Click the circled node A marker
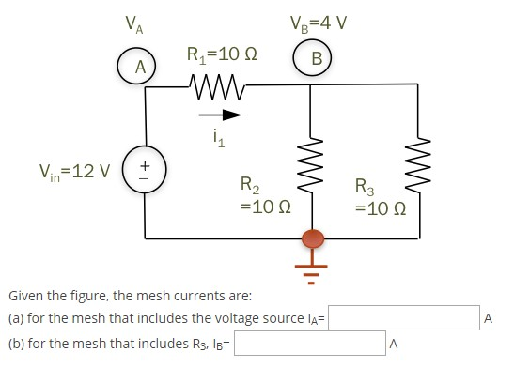coord(139,67)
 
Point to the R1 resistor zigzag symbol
coord(217,86)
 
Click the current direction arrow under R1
coord(219,115)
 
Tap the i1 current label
coord(219,141)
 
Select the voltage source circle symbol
coord(145,173)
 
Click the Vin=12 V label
coord(74,173)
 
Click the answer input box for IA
coord(402,319)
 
